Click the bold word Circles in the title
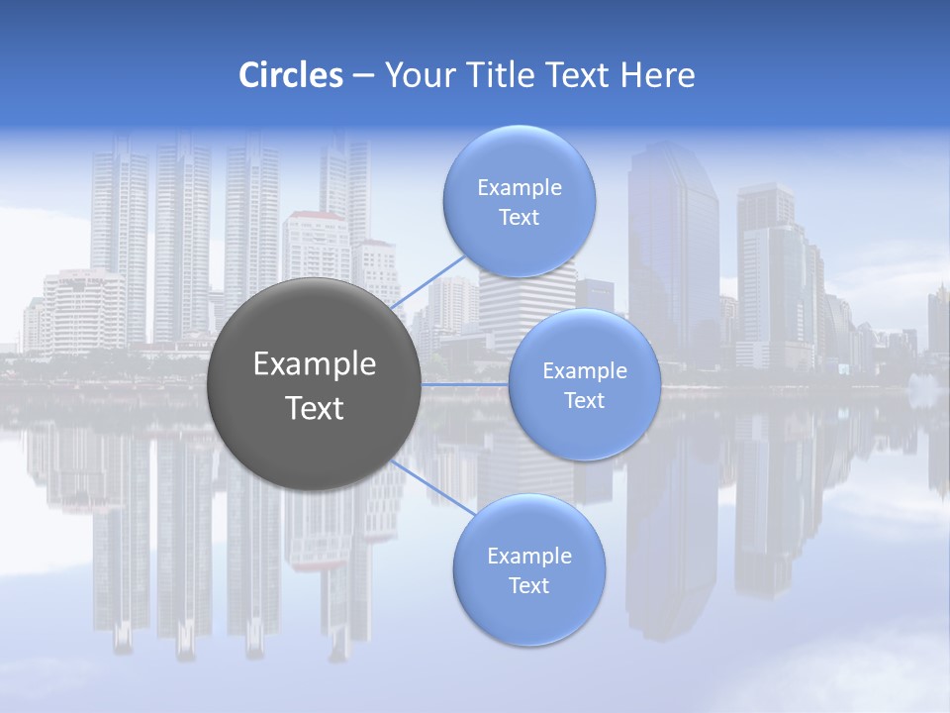point(290,75)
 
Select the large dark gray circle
point(315,384)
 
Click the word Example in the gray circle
point(315,364)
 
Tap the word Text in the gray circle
point(315,408)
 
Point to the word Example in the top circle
point(519,188)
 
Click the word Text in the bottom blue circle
point(528,585)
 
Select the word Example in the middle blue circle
point(584,371)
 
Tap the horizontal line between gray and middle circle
point(465,384)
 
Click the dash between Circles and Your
point(362,76)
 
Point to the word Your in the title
point(415,75)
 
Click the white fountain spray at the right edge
point(926,391)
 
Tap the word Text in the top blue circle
point(519,218)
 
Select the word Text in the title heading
point(576,75)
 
